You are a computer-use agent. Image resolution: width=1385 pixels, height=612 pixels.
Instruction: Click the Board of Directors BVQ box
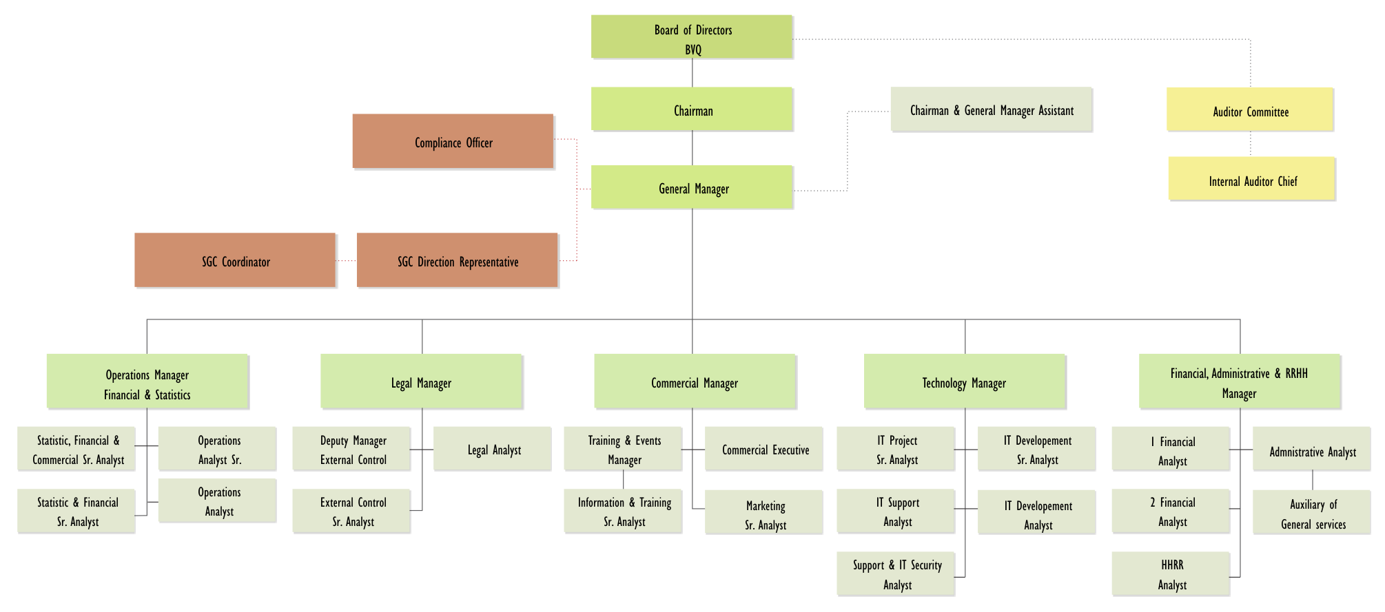click(692, 36)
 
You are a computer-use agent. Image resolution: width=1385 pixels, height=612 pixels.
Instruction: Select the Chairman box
click(692, 109)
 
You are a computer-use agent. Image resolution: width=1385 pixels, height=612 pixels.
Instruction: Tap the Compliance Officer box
click(453, 141)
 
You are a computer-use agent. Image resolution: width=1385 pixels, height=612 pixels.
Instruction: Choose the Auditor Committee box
click(1250, 109)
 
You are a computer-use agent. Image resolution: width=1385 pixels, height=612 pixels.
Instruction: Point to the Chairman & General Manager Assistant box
click(992, 109)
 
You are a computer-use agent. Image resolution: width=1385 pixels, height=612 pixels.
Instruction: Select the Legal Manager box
click(422, 381)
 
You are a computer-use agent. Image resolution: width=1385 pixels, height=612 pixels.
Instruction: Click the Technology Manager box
click(965, 381)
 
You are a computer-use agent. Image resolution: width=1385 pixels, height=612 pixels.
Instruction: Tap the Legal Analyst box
click(492, 449)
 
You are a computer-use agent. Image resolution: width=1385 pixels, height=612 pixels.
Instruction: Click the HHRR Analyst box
click(1171, 574)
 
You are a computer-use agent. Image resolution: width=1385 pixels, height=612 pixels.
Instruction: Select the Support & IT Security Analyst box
click(896, 574)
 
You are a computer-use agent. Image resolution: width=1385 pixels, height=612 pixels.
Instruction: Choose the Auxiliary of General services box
click(1311, 512)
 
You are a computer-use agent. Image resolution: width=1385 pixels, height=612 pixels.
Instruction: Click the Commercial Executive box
click(763, 449)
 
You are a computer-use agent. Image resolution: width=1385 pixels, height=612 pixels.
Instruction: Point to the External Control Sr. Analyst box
click(351, 511)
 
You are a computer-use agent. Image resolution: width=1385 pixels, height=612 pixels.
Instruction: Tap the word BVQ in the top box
click(693, 50)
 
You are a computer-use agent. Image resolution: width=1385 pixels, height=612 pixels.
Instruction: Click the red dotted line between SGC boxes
click(346, 261)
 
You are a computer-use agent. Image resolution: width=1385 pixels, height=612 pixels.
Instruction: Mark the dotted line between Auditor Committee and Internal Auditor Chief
click(1251, 144)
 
